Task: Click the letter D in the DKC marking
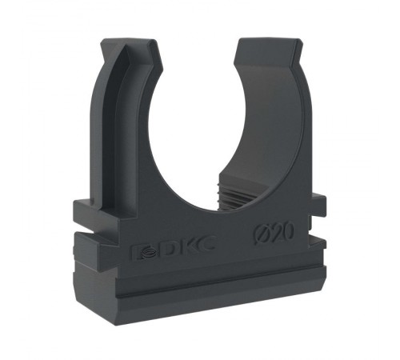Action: pos(168,250)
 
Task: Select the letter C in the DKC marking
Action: pos(206,245)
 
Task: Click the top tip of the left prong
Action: pos(129,39)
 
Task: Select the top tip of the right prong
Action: pos(270,39)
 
